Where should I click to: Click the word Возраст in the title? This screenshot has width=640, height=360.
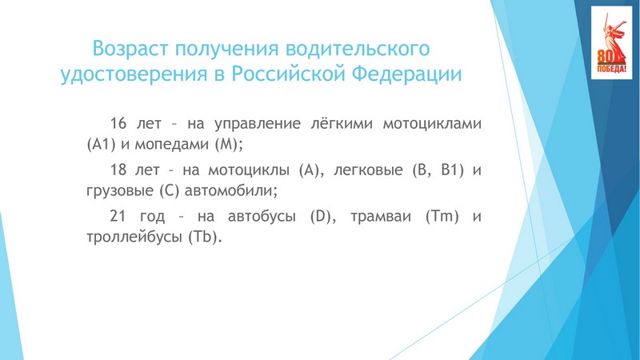[130, 49]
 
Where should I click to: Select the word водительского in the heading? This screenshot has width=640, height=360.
[358, 49]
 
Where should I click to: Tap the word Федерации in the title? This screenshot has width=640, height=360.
[406, 74]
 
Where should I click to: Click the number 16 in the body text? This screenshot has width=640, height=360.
[118, 123]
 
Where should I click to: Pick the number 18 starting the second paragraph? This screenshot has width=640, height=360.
[118, 170]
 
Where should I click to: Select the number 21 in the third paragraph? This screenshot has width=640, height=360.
[118, 215]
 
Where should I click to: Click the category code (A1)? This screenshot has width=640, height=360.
[102, 145]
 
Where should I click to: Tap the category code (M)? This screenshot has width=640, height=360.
[226, 145]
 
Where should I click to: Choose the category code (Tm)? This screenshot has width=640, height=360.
[442, 215]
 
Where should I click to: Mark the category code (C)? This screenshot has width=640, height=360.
[169, 190]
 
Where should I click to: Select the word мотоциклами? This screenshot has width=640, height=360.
[432, 123]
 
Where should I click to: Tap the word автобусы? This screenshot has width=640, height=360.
[262, 216]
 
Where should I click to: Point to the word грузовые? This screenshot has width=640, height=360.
[120, 191]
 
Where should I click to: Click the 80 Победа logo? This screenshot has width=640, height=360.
[611, 43]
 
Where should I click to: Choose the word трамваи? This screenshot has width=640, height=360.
[381, 216]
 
